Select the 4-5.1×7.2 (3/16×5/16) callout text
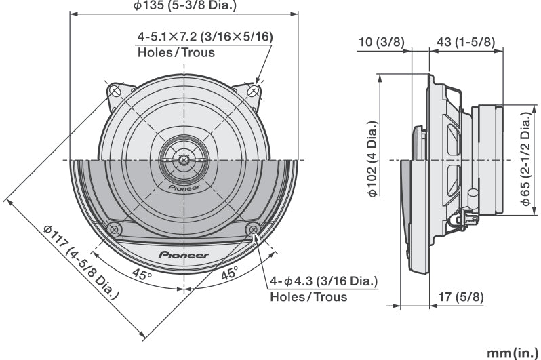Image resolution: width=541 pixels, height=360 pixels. (x=205, y=36)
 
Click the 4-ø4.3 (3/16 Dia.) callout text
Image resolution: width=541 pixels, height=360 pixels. (x=324, y=281)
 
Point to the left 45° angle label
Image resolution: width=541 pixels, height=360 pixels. (x=141, y=275)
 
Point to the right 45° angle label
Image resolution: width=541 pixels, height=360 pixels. (x=229, y=275)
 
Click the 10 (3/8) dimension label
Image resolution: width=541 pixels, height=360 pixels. (x=381, y=42)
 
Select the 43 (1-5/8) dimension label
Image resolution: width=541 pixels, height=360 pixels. (x=466, y=42)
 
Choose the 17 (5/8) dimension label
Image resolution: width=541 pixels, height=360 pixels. (x=461, y=296)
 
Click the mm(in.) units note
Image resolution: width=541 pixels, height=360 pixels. (x=512, y=353)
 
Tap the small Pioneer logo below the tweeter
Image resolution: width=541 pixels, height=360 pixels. (x=184, y=184)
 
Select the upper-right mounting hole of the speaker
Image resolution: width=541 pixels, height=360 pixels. (x=254, y=90)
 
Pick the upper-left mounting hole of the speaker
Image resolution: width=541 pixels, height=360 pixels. (x=115, y=90)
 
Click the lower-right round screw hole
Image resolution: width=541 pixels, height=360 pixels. (x=254, y=228)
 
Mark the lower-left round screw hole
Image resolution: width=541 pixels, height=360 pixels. (x=115, y=228)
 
